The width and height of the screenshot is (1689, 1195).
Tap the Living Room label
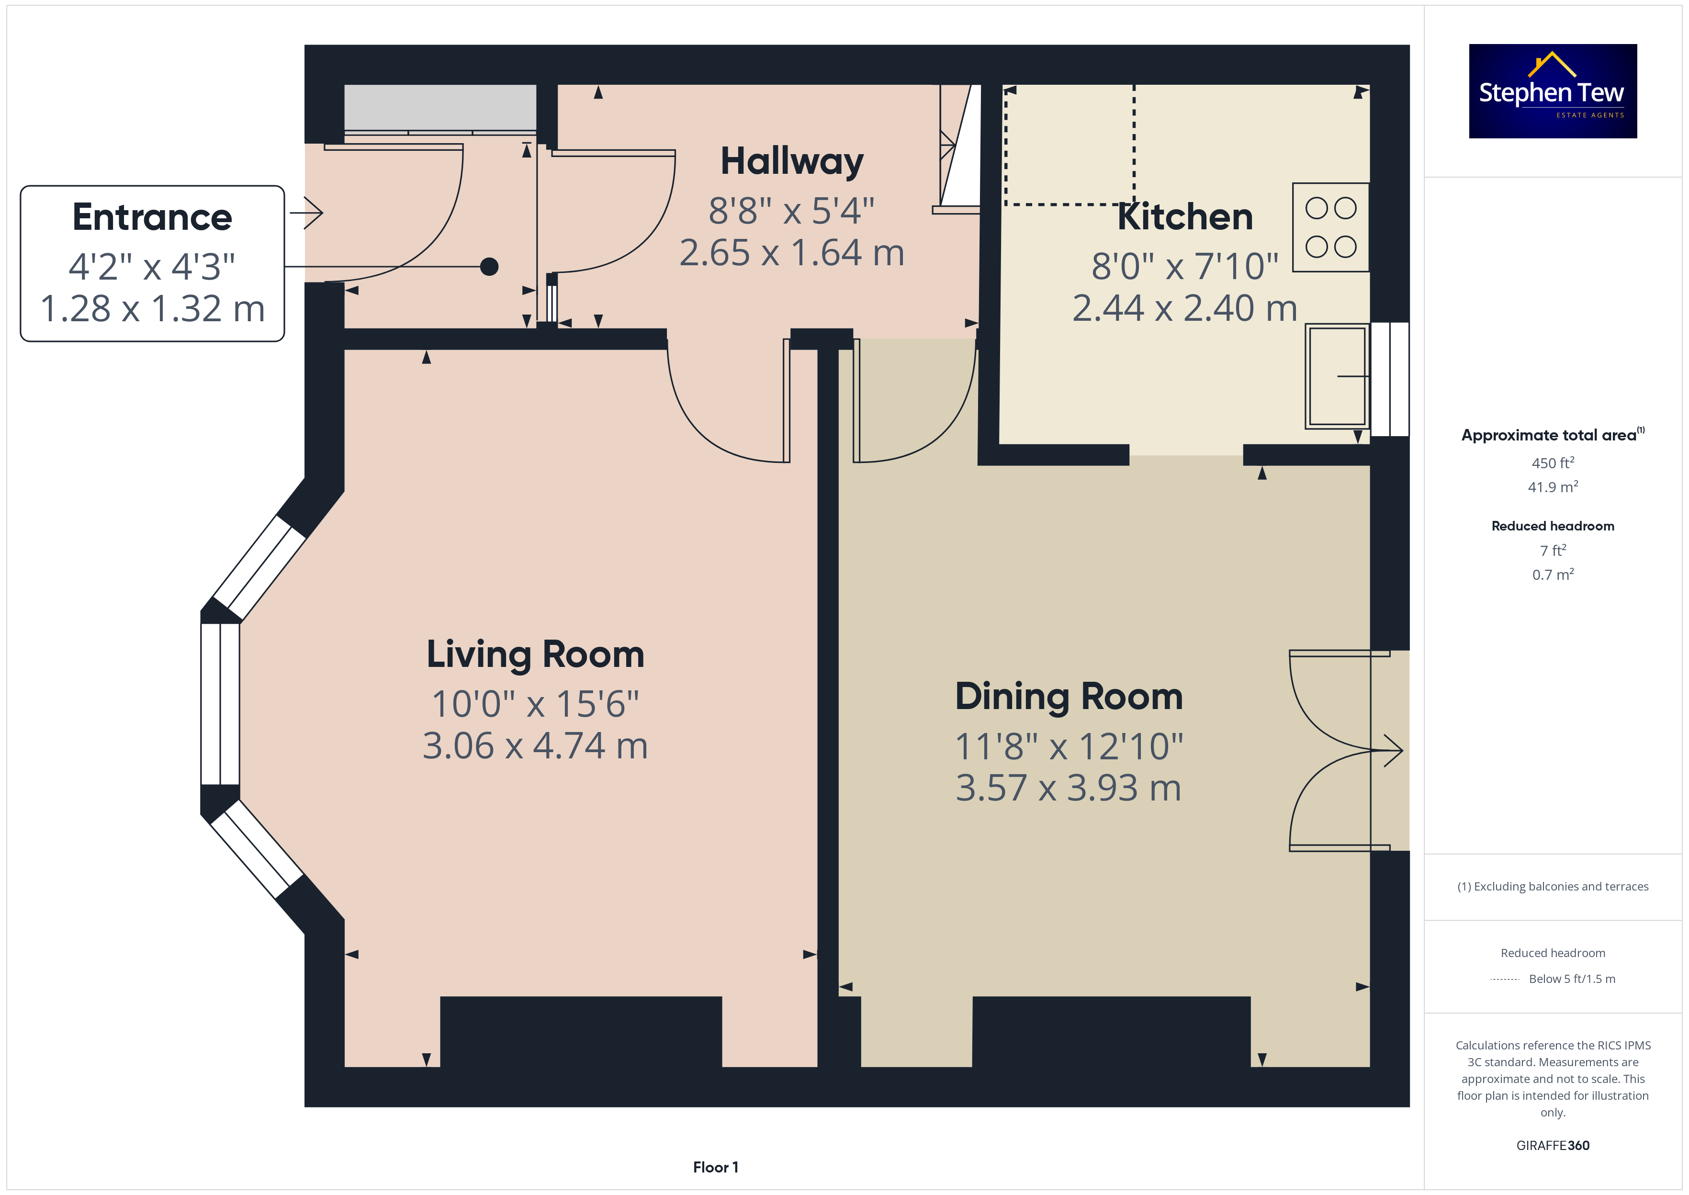click(536, 654)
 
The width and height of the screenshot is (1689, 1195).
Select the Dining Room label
click(1069, 696)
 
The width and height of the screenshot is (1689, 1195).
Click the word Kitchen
click(1185, 216)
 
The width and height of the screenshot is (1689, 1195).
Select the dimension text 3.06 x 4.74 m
click(536, 745)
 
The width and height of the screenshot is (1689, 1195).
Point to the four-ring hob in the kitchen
click(1331, 227)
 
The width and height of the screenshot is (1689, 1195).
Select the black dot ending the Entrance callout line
click(489, 266)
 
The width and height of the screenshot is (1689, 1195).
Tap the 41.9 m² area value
click(1553, 487)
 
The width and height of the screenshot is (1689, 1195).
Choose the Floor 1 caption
click(716, 1167)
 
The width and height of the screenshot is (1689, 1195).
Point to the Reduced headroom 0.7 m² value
click(1553, 575)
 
